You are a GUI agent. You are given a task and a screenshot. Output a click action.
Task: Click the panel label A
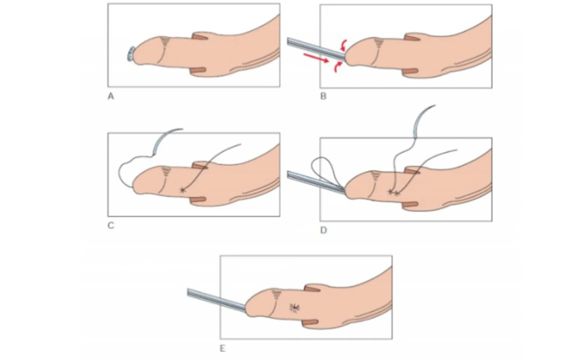coord(111,97)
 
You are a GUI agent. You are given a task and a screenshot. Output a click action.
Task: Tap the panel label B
coord(324,96)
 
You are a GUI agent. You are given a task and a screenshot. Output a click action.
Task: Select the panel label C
coord(111,225)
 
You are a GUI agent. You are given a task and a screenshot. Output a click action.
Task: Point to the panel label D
coord(324,230)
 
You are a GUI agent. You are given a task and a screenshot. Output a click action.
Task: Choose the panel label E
coord(223,349)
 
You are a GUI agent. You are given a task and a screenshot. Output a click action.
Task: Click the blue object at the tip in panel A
coord(131,54)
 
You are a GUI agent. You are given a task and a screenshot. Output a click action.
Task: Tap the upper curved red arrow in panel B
coord(344,45)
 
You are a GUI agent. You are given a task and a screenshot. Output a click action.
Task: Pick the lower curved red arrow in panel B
coord(337,67)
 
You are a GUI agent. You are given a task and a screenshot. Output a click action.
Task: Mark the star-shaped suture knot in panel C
coord(182,190)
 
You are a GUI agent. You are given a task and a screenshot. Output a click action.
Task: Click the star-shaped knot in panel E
coord(295,308)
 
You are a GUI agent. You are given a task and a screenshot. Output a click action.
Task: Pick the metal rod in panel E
coord(217,300)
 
